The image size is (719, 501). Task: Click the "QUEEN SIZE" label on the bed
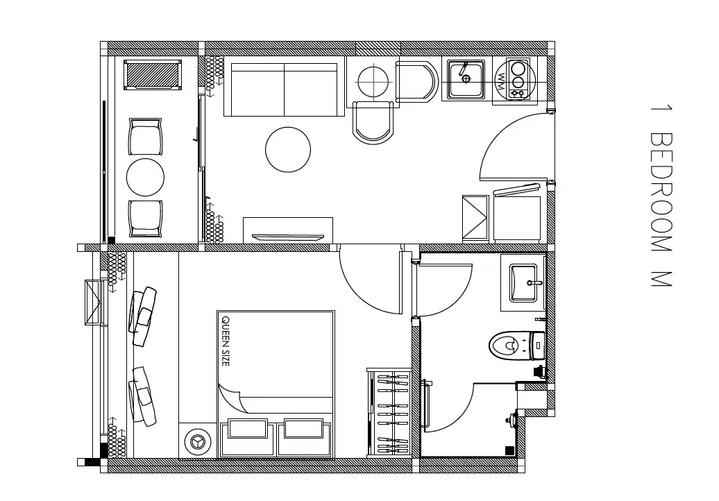(x=226, y=341)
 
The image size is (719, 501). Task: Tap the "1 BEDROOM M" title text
(x=661, y=196)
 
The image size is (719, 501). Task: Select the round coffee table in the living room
(x=288, y=149)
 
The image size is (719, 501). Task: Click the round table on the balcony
(x=145, y=178)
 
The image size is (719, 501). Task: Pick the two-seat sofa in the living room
(x=285, y=89)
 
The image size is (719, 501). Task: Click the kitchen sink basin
(x=466, y=80)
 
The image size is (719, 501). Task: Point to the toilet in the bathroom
(x=517, y=345)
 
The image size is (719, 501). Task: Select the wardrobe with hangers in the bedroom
(x=389, y=413)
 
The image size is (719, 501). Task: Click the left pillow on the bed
(x=248, y=429)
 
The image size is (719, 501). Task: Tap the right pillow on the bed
(x=303, y=428)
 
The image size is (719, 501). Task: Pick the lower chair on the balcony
(x=145, y=219)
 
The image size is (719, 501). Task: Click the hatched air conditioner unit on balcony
(x=152, y=75)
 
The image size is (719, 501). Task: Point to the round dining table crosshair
(x=373, y=82)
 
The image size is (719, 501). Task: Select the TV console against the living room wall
(x=288, y=230)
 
